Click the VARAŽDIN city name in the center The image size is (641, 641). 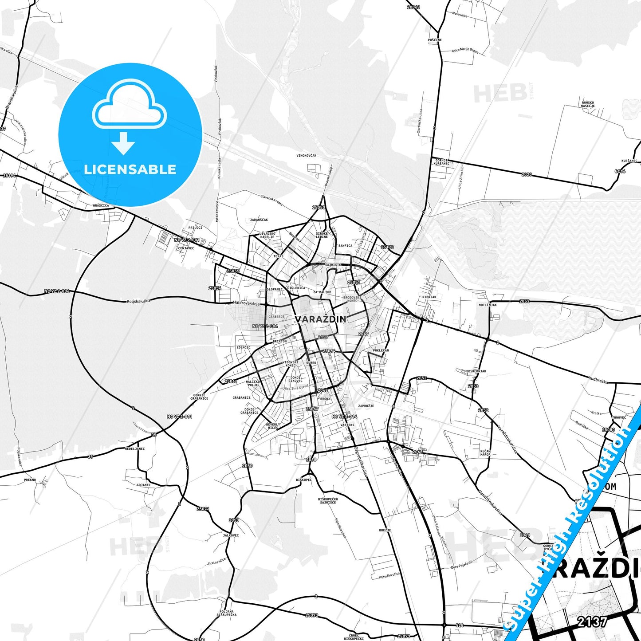point(320,319)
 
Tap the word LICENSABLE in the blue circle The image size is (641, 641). point(130,169)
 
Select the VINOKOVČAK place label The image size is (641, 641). point(307,156)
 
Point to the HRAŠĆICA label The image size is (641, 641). point(101,206)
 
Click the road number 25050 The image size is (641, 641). point(319,208)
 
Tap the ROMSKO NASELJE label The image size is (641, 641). point(588,104)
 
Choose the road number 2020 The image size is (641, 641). point(526,175)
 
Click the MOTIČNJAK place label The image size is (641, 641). point(488,305)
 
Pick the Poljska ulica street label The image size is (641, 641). point(138,301)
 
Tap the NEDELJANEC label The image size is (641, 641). point(135,448)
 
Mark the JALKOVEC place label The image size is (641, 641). point(231,535)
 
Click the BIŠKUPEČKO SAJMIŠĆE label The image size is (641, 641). point(328,500)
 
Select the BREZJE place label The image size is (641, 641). point(385,530)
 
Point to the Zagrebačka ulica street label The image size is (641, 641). point(361,461)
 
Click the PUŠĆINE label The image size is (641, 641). point(435,40)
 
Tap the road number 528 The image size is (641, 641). point(459,625)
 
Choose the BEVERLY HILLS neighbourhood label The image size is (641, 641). point(273,426)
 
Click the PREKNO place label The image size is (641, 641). point(30,480)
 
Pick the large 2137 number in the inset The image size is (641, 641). point(592,622)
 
